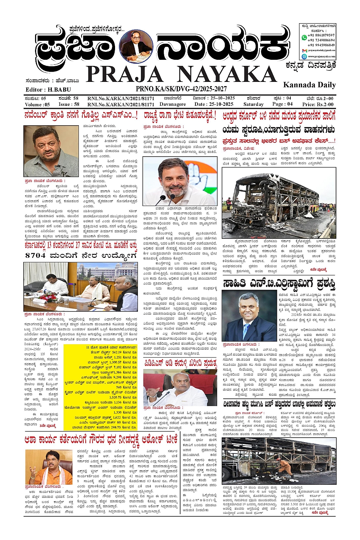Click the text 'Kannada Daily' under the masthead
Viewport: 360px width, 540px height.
click(309, 85)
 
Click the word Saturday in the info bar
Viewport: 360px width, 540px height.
click(253, 104)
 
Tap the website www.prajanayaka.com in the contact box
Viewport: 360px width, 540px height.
click(321, 56)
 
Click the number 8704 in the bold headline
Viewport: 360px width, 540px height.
click(37, 256)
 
